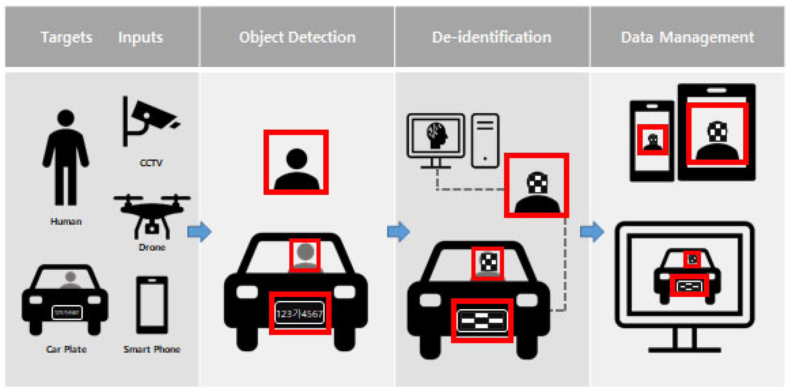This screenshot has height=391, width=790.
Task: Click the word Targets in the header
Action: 66,37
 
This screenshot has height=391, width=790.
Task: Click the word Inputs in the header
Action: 140,37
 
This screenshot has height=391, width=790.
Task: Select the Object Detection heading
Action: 297,37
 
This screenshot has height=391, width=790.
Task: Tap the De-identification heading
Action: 491,37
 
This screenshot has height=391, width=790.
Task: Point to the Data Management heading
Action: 687,37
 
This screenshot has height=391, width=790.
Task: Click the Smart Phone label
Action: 152,349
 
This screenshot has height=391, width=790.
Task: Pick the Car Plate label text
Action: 66,349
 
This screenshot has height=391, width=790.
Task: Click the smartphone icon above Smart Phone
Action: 152,304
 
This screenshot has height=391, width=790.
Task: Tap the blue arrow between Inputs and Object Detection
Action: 199,232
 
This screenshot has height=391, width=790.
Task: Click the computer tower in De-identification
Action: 485,141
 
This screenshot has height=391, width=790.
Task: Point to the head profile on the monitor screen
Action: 436,135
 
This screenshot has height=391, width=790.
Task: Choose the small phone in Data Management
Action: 652,141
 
